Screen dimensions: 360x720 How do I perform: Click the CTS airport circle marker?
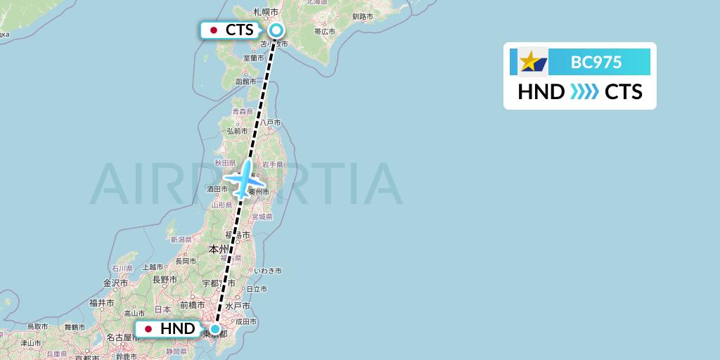(x=276, y=30)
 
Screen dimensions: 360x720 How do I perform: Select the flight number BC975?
(x=596, y=62)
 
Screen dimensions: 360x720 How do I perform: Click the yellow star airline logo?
(x=529, y=62)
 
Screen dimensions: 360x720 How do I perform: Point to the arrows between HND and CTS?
(x=584, y=92)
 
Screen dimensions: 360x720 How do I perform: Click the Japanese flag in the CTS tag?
(x=214, y=30)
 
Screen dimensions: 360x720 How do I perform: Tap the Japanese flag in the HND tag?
(x=148, y=329)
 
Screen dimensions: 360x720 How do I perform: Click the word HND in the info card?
(x=541, y=92)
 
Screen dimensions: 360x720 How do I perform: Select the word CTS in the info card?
(x=623, y=92)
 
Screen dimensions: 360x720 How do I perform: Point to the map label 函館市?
(x=245, y=82)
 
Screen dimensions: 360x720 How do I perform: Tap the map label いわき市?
(x=268, y=271)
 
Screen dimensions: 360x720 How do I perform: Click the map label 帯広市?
(x=325, y=31)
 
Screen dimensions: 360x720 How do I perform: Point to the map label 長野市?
(x=167, y=279)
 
